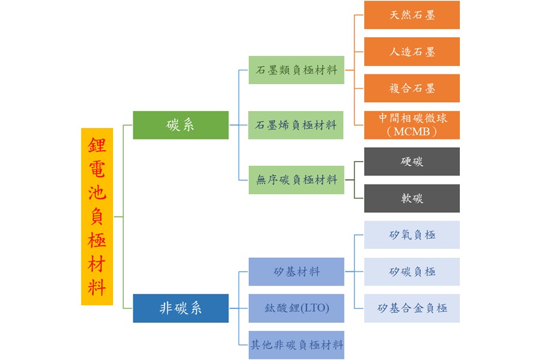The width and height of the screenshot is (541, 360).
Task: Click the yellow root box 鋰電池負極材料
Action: click(97, 216)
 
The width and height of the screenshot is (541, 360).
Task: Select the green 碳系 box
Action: click(180, 125)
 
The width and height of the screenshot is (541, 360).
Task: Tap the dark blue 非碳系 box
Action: click(180, 308)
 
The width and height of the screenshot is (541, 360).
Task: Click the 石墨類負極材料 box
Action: click(296, 70)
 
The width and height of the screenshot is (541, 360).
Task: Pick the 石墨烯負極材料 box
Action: click(296, 125)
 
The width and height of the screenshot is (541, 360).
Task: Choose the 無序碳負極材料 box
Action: click(296, 180)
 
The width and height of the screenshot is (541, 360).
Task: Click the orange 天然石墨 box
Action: click(412, 15)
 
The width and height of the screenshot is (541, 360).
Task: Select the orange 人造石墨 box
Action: click(412, 52)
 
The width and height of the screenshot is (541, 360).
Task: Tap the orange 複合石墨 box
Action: click(412, 88)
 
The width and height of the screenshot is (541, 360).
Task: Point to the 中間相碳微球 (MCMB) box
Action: click(412, 125)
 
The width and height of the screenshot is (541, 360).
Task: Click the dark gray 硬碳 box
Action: click(412, 162)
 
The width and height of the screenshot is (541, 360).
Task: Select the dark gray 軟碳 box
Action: click(412, 198)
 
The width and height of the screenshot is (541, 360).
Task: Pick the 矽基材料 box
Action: click(296, 272)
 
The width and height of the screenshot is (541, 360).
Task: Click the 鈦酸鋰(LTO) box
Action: click(296, 308)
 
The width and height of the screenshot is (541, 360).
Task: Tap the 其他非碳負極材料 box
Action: click(296, 345)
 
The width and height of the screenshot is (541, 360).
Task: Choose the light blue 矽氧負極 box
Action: click(412, 235)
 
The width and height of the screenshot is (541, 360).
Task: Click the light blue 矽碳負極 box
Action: click(412, 272)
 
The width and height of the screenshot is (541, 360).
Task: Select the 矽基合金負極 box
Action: click(412, 308)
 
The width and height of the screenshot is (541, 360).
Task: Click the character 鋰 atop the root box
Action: click(97, 145)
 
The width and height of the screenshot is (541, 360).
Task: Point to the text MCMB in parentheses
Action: click(412, 132)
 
